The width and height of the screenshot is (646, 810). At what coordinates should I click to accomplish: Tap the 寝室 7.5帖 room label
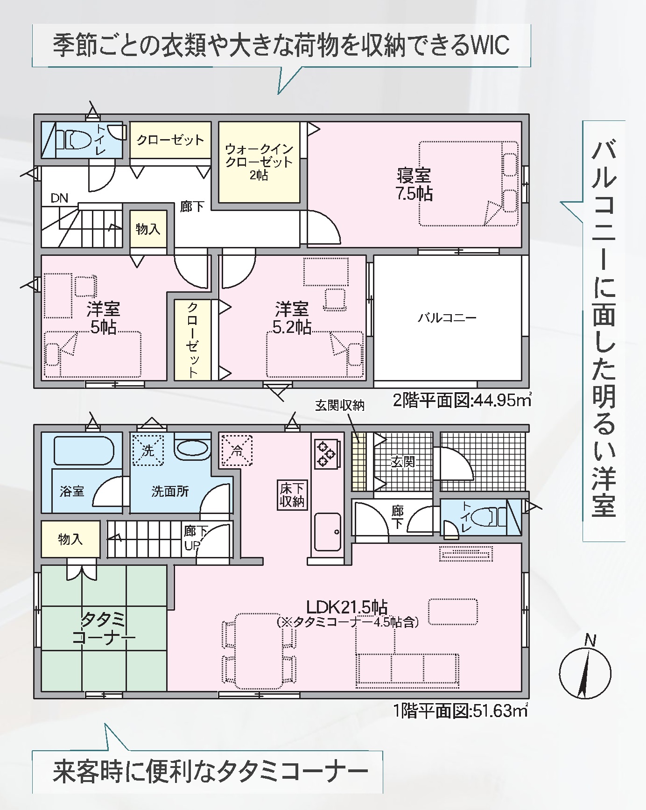414,184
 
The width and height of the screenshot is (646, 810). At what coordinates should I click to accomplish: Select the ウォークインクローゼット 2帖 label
259,162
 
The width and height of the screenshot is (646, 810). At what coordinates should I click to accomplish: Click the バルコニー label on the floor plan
447,318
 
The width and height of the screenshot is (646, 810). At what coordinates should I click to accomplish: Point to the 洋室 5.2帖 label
292,318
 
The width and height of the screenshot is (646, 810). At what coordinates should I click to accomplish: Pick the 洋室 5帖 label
103,318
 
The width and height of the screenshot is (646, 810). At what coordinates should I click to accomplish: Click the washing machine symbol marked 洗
147,450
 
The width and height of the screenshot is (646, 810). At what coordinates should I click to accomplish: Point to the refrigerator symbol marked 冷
237,451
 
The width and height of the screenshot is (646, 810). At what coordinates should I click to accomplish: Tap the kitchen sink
328,532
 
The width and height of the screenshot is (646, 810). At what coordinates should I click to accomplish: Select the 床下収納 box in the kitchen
292,495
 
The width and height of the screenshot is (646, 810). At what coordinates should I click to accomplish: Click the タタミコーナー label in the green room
104,628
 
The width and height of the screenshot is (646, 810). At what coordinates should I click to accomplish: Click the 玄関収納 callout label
339,406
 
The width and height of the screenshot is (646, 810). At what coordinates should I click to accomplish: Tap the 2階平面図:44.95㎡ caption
462,400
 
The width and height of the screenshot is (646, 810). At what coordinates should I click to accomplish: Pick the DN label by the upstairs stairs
59,198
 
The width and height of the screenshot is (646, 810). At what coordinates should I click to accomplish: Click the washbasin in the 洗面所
192,448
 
